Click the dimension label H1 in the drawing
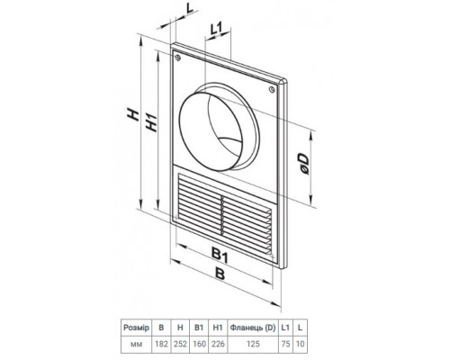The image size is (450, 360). click(152, 122)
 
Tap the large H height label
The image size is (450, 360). click(133, 115)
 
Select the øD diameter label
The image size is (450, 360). click(303, 164)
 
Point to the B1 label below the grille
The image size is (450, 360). click(220, 256)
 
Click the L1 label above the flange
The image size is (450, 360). click(216, 30)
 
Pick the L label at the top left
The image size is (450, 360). click(190, 8)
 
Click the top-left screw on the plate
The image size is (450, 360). click(178, 58)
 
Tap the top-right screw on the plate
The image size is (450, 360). click(272, 89)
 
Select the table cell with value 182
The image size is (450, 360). click(161, 344)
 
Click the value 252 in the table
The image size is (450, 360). click(180, 344)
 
